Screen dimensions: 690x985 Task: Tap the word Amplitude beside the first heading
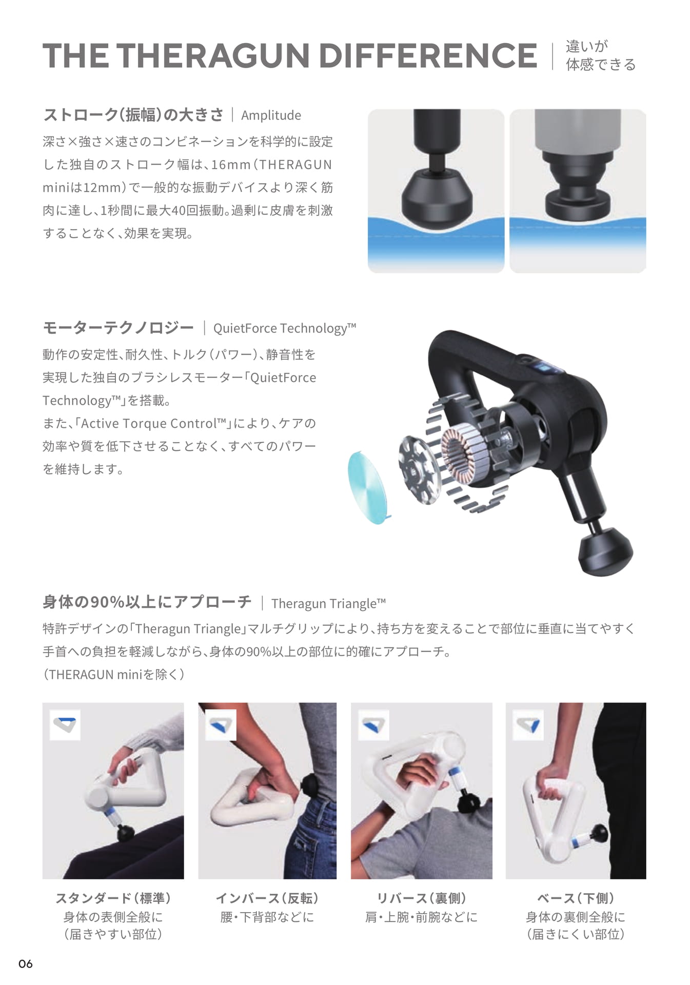(271, 115)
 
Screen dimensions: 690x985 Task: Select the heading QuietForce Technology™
(285, 328)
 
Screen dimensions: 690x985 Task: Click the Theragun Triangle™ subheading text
(328, 603)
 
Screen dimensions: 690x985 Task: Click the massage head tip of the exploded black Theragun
(606, 551)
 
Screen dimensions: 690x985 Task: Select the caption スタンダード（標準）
(113, 898)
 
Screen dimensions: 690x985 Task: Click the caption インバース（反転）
(267, 898)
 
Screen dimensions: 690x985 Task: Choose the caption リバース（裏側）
(421, 898)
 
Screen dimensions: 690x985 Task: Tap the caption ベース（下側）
(576, 898)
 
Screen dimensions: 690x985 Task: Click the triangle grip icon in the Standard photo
(65, 724)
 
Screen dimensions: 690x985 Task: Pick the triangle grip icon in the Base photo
(528, 725)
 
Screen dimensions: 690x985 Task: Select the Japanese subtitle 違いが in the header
(587, 46)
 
